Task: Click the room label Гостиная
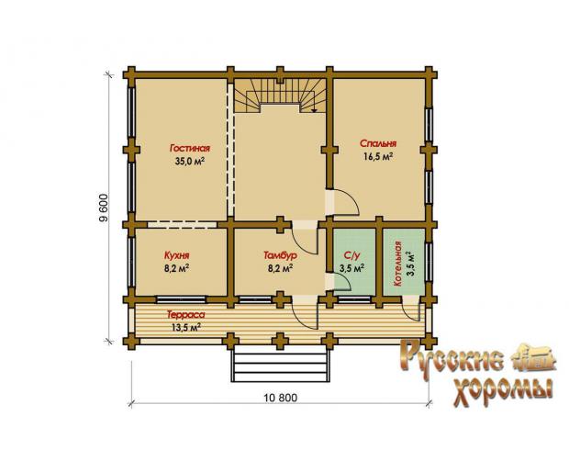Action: [189, 148]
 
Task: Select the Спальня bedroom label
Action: [378, 143]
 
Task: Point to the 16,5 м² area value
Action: [378, 156]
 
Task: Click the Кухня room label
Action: [177, 255]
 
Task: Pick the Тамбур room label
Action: [280, 255]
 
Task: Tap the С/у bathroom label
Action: [351, 255]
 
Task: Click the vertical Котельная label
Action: [397, 264]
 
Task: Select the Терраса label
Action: [185, 314]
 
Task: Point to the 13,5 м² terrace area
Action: [186, 328]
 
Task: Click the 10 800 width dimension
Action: [281, 398]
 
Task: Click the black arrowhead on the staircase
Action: [314, 109]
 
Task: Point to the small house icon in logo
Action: [534, 359]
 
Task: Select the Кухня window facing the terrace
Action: [181, 299]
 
